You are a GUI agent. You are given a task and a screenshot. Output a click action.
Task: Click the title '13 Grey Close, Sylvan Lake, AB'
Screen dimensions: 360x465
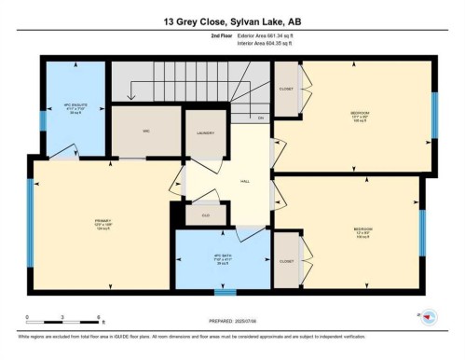[x=232, y=21]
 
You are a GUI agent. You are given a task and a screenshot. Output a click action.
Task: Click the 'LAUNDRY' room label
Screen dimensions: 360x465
[x=205, y=133]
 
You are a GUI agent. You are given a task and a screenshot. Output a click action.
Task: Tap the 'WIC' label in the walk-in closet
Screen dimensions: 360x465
[x=146, y=131]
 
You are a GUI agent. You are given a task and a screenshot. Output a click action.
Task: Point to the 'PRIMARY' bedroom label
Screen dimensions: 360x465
[x=103, y=221]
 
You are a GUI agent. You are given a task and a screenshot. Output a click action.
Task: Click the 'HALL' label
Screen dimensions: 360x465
[x=244, y=181]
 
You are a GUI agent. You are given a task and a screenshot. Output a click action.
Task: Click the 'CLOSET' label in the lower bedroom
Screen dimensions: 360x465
[x=285, y=261]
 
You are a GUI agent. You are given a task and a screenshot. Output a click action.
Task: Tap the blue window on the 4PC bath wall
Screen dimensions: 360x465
[x=225, y=291]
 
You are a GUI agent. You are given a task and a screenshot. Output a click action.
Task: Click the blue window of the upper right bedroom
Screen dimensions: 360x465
[x=433, y=115]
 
